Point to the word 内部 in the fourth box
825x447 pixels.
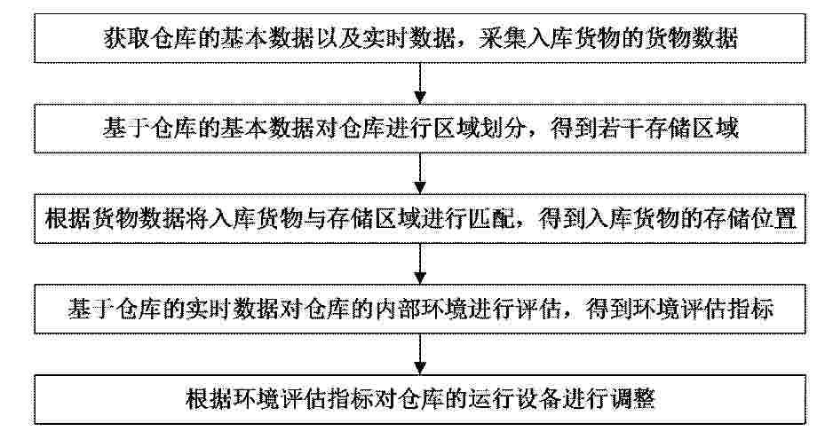tap(396, 309)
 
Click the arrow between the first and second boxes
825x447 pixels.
tap(420, 83)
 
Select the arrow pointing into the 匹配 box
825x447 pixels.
tap(420, 174)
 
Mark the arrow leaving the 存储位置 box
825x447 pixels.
tap(420, 264)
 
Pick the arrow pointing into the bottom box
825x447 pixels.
tap(420, 355)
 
